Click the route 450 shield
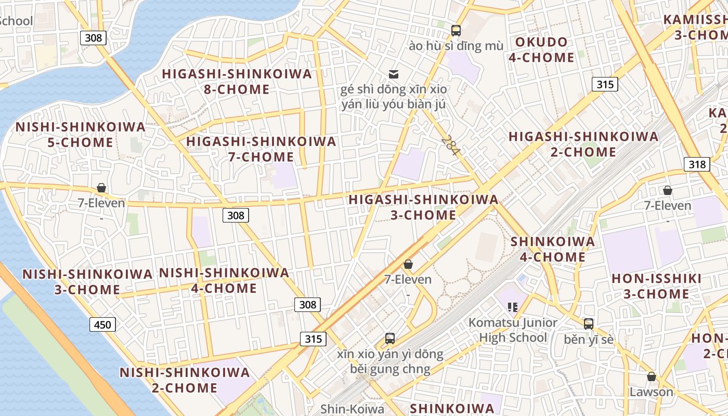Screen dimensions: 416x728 click(102, 325)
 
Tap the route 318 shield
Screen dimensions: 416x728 click(696, 165)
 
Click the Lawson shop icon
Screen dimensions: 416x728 click(651, 376)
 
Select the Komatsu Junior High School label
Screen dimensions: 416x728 click(513, 330)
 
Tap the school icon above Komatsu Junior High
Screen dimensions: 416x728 click(513, 307)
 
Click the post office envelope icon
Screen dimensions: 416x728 click(394, 74)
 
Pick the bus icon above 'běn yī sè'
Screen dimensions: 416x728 click(588, 324)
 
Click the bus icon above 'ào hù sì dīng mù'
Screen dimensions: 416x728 click(456, 30)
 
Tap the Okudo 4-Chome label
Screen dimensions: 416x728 click(541, 50)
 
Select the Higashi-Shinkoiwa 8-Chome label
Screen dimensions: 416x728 click(237, 82)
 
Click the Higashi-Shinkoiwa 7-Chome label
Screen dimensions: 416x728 click(261, 149)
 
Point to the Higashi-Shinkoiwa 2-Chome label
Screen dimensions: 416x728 click(583, 145)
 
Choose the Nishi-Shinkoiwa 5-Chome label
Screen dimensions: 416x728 click(81, 135)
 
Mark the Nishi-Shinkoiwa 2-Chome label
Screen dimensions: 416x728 click(185, 380)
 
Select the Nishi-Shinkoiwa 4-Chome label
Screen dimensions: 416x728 click(224, 280)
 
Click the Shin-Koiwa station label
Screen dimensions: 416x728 click(352, 409)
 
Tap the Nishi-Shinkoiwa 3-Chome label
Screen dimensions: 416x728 click(87, 282)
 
